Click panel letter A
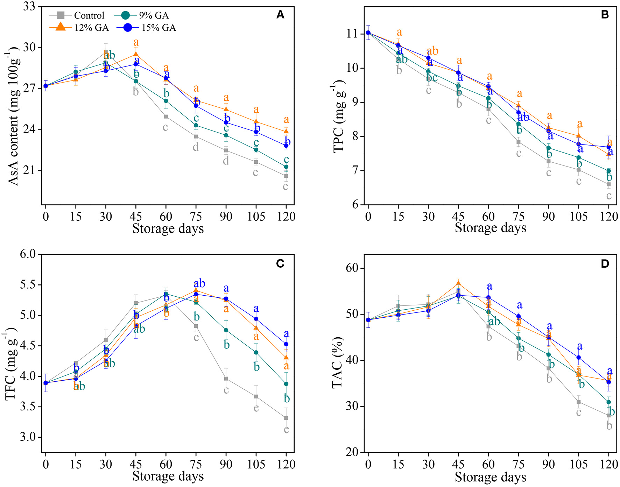click(x=280, y=15)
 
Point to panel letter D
click(x=605, y=264)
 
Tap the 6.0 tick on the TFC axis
click(x=28, y=254)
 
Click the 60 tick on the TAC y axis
click(x=352, y=268)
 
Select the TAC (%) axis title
click(x=338, y=362)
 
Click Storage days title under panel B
click(x=490, y=228)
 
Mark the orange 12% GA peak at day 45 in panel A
click(x=136, y=54)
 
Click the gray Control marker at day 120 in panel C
click(x=286, y=418)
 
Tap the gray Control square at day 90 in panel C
click(x=226, y=379)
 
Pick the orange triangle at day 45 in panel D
click(x=458, y=283)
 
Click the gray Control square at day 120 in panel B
click(x=609, y=184)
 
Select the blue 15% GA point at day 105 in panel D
click(x=579, y=358)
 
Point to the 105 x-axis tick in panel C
click(x=256, y=464)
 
